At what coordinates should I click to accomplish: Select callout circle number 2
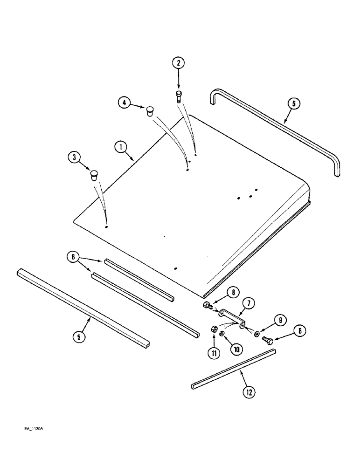(x=178, y=62)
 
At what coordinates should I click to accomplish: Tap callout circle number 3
(x=73, y=158)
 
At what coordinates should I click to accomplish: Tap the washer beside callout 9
(x=258, y=333)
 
